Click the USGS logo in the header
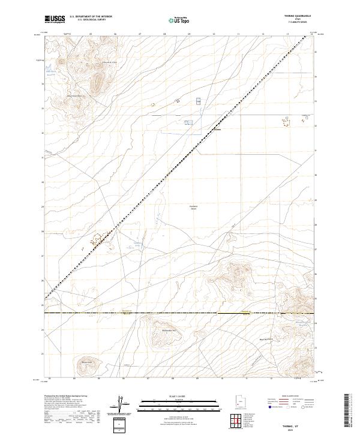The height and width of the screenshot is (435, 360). tap(55, 19)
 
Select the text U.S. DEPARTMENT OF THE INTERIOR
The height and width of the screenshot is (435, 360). tap(91, 17)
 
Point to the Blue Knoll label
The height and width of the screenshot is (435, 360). tap(85, 361)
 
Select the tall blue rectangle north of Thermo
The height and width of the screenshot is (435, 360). tap(199, 102)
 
